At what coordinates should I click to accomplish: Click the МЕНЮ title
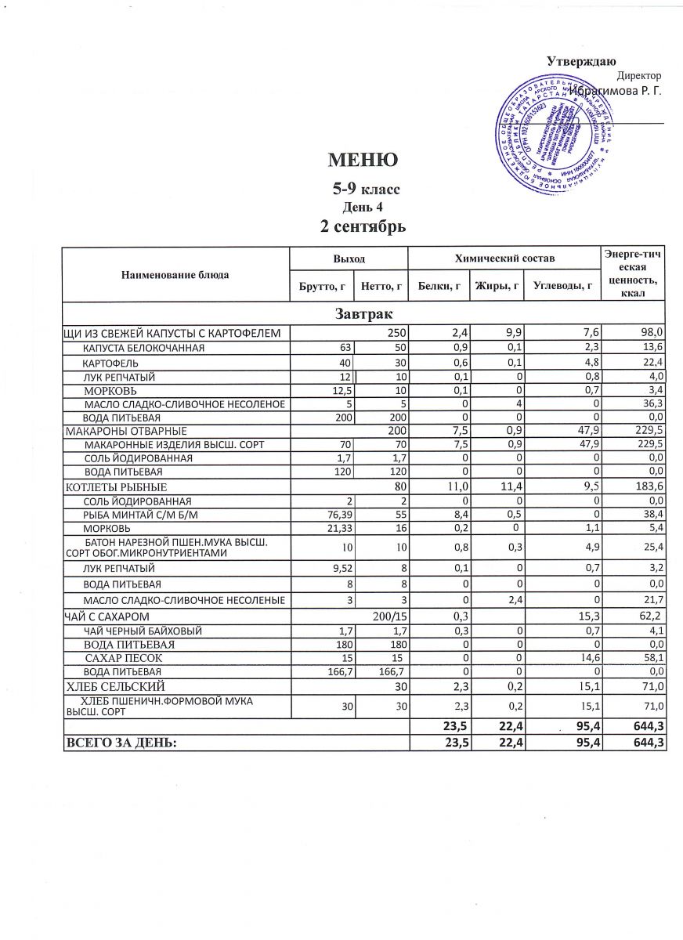click(363, 161)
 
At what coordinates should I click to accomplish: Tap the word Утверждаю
click(581, 62)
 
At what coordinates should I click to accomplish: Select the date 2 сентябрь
click(363, 227)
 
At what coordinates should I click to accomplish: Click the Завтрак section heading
click(363, 314)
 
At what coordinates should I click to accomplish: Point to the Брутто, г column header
click(322, 287)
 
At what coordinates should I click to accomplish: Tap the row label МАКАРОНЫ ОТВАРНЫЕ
click(125, 431)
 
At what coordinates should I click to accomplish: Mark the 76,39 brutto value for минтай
click(338, 514)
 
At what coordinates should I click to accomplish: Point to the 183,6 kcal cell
click(650, 487)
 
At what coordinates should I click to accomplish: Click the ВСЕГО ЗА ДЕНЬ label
click(121, 742)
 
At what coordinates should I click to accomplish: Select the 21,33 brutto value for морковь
click(338, 527)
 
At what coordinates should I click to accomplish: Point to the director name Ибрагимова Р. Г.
click(616, 92)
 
